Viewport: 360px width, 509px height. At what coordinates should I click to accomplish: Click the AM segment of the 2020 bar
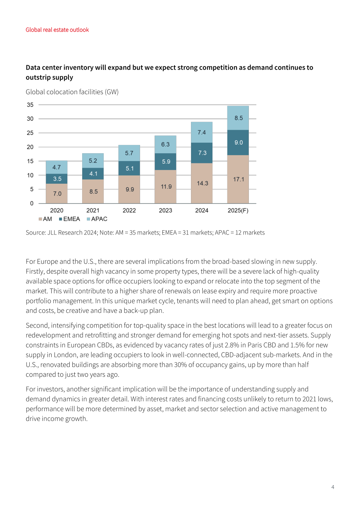(x=57, y=194)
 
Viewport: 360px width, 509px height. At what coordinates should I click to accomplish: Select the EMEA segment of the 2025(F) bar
(x=238, y=142)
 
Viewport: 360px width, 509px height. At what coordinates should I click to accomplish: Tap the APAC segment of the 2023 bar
(x=166, y=144)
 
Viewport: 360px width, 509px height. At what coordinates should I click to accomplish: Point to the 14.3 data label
(x=202, y=183)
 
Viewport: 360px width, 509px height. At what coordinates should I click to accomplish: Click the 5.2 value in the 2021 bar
(x=93, y=161)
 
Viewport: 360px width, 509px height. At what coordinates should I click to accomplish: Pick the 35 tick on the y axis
(x=30, y=105)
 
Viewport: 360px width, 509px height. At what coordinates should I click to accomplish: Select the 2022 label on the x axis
(x=129, y=210)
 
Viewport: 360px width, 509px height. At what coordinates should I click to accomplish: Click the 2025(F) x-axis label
(x=238, y=210)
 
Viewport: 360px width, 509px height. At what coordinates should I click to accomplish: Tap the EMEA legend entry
(x=69, y=219)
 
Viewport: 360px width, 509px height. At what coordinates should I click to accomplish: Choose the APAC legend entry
(x=97, y=219)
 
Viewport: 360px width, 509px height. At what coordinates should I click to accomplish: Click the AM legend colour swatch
(x=40, y=219)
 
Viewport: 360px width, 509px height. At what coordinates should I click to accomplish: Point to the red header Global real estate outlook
(x=57, y=30)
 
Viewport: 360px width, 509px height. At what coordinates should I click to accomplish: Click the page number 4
(x=333, y=487)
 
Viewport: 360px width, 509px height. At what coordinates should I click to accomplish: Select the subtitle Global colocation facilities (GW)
(x=72, y=92)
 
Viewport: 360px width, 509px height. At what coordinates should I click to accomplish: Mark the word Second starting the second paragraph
(x=38, y=325)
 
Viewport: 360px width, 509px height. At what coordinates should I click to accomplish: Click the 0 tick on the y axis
(x=32, y=203)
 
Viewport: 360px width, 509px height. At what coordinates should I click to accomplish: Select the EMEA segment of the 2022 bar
(x=129, y=168)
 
